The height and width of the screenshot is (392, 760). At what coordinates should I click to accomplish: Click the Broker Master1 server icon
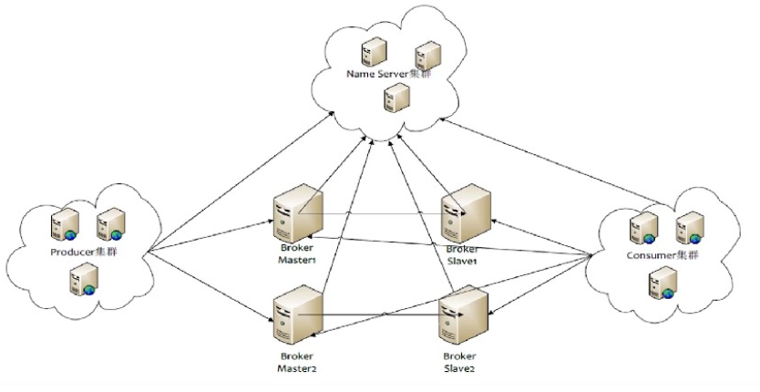(298, 213)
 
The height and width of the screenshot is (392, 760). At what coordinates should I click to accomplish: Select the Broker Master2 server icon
(298, 315)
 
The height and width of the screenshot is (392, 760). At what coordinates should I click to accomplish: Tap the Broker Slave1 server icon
(466, 213)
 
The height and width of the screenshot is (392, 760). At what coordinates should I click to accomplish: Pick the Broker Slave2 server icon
(463, 315)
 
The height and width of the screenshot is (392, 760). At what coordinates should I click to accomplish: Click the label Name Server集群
(389, 74)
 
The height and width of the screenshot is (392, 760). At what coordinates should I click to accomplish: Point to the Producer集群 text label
(84, 253)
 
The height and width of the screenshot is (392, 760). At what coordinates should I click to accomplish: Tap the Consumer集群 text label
(662, 255)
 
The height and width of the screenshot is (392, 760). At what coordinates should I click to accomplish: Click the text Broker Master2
(297, 363)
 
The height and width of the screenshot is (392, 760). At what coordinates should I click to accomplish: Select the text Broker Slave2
(459, 363)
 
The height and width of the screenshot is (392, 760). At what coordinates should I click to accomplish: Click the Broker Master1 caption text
(297, 253)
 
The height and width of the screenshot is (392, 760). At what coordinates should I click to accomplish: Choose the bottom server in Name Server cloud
(396, 97)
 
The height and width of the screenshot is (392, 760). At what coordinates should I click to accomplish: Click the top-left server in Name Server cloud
(374, 52)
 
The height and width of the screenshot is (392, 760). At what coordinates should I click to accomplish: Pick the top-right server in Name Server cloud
(428, 55)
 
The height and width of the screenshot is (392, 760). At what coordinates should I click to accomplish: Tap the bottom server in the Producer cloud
(85, 279)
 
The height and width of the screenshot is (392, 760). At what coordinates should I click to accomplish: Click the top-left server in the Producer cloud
(65, 224)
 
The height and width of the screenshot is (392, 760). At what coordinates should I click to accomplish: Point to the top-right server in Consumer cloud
(690, 228)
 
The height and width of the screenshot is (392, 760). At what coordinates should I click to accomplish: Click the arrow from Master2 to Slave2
(382, 315)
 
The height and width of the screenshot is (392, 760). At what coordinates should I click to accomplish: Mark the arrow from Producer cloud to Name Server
(241, 181)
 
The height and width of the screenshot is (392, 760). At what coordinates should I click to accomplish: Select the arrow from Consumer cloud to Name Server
(552, 161)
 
